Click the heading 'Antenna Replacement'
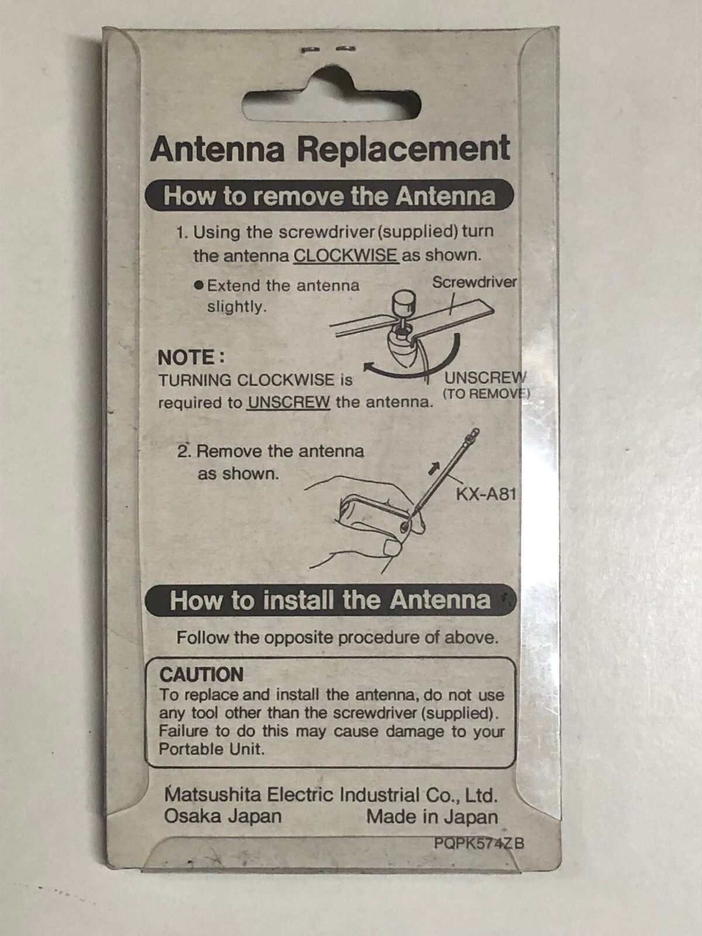(x=330, y=149)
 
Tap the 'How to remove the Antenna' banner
(x=329, y=195)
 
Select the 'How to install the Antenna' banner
(x=331, y=600)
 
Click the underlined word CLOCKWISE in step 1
(x=346, y=256)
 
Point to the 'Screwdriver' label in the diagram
(x=474, y=282)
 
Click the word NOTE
(x=191, y=357)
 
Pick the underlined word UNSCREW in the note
(x=288, y=402)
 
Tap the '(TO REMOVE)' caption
(x=486, y=394)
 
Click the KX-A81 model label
(x=486, y=495)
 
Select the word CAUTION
(x=201, y=675)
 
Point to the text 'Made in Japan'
(x=432, y=817)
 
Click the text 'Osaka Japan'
(x=223, y=816)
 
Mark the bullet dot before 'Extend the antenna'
(x=198, y=285)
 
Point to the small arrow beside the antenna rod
(x=433, y=468)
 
